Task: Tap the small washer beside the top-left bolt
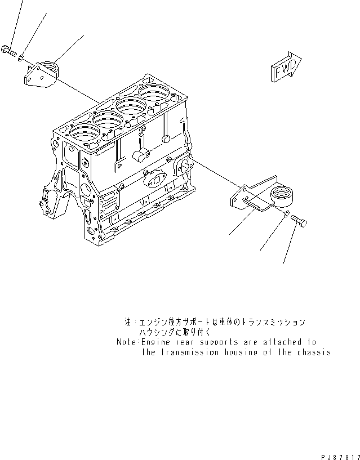point(20,57)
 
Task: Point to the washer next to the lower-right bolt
point(287,215)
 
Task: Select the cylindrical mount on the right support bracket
point(282,196)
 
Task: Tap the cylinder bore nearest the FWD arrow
point(154,92)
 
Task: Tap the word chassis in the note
point(313,352)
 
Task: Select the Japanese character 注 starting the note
point(127,323)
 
